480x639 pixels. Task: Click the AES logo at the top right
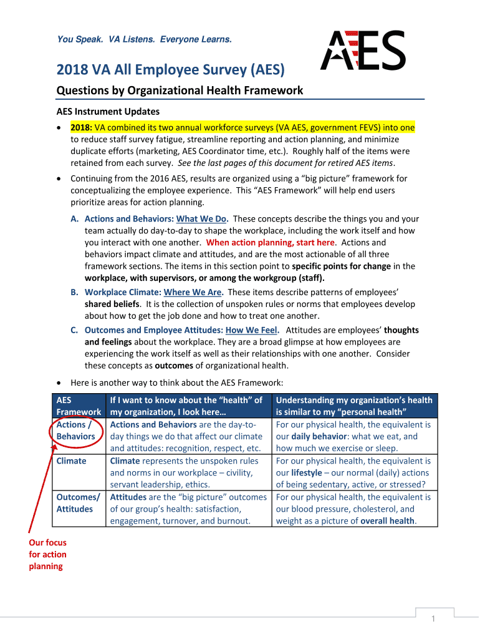tap(363, 51)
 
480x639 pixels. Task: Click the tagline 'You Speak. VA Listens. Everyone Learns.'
tap(144, 39)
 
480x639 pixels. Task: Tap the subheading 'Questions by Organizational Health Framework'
tap(180, 90)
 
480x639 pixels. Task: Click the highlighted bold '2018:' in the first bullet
tap(82, 127)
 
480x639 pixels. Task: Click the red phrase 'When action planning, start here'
tap(271, 242)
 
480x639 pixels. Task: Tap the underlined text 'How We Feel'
tap(251, 330)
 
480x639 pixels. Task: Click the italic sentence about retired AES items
tap(286, 163)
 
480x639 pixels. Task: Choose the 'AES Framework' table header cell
tap(78, 406)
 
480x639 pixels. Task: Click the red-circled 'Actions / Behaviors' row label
tap(75, 431)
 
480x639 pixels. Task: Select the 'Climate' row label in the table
tap(72, 461)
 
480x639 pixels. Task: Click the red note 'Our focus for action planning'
tap(47, 554)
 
